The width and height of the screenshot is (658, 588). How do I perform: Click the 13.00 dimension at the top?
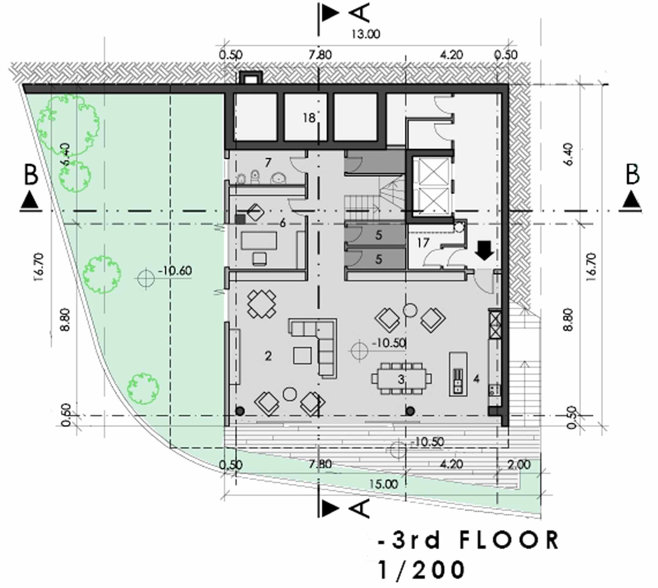point(366,34)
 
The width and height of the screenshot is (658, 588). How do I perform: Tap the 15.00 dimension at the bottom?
point(384,484)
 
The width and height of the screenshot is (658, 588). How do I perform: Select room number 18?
point(309,118)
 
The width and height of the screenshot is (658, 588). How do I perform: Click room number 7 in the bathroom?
point(268,162)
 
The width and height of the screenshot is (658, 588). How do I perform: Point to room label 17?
point(423,243)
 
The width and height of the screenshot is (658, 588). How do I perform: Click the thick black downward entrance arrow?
point(484,250)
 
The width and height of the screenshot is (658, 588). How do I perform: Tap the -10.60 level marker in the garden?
point(175,270)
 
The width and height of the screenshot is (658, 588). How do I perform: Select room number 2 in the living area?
point(268,356)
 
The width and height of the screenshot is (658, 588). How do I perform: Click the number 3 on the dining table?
point(401,380)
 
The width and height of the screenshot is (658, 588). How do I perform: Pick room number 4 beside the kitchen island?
point(476,379)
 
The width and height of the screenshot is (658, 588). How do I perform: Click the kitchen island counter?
point(458,374)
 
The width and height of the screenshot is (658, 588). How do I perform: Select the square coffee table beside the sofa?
point(302,356)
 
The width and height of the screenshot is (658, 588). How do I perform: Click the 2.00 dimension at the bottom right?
point(519,464)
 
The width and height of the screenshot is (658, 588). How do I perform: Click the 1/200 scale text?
point(422,570)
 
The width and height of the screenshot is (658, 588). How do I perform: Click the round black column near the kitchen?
point(410,411)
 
